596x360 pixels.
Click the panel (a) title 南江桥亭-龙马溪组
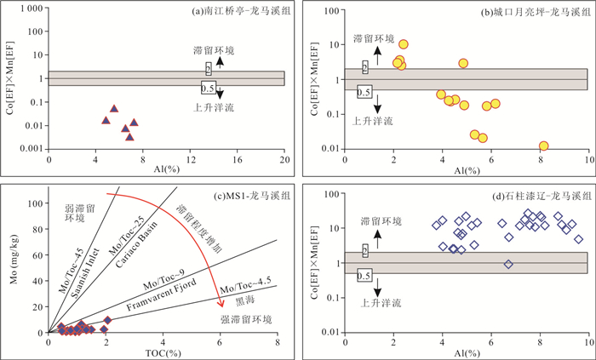tap(242, 11)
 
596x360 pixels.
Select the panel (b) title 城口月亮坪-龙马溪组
tap(536, 12)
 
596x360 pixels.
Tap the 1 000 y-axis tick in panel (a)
tap(32, 9)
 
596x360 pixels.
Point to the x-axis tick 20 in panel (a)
tap(285, 160)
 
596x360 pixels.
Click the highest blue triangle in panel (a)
tap(114, 109)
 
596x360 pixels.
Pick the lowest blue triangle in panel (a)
tap(129, 137)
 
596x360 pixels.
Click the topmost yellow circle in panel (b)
tap(404, 44)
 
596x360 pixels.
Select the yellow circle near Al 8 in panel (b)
tap(543, 146)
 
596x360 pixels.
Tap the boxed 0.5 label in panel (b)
tap(364, 92)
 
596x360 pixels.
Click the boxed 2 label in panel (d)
tap(365, 251)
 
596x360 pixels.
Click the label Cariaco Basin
tap(136, 244)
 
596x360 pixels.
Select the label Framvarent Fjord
tap(162, 294)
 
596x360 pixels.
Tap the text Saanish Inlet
tap(85, 272)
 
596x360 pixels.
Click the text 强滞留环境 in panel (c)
tap(246, 319)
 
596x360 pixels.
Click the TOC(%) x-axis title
tap(163, 353)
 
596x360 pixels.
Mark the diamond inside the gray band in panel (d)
tap(508, 264)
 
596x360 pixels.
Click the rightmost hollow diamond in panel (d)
tap(578, 239)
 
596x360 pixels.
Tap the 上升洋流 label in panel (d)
tap(381, 303)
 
